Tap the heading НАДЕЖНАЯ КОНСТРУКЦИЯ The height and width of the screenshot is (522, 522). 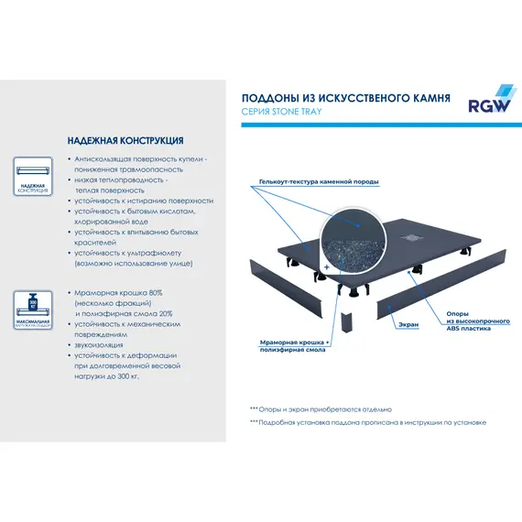point(125,141)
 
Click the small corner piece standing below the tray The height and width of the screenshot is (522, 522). point(347,322)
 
